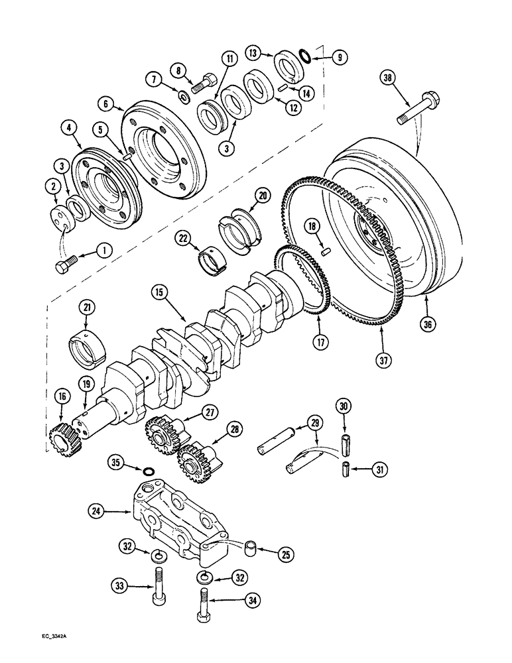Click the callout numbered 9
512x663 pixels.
[x=338, y=58]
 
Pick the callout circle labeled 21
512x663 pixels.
[x=86, y=307]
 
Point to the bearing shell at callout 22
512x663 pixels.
[x=212, y=256]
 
